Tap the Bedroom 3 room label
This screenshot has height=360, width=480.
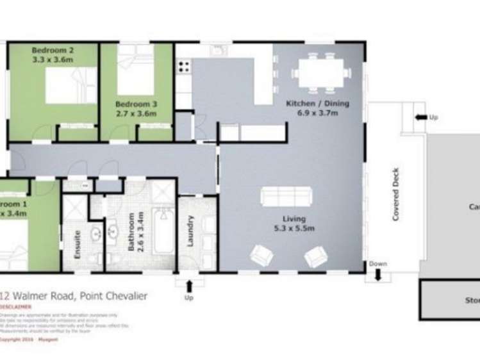click(x=133, y=108)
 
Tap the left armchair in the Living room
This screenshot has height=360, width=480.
click(x=261, y=256)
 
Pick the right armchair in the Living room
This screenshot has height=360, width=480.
click(x=315, y=256)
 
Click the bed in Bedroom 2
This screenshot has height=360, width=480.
click(x=70, y=85)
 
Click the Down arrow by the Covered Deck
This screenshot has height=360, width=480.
click(x=377, y=275)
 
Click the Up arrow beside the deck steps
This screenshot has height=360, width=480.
click(x=421, y=117)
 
